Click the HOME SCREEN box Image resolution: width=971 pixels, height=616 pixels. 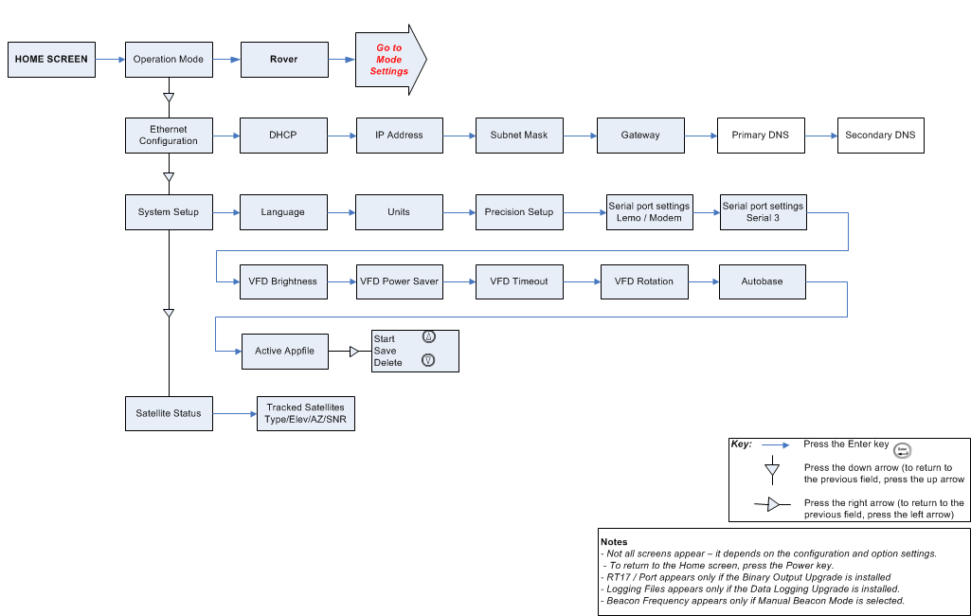[x=51, y=59]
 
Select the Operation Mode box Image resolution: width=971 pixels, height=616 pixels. [x=169, y=59]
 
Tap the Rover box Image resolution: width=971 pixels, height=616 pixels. [x=284, y=59]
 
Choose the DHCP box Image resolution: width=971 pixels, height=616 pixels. [x=283, y=135]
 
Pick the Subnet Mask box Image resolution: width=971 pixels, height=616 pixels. [x=519, y=135]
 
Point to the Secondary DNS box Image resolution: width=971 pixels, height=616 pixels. [x=880, y=135]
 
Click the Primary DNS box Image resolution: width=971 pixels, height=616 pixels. [x=761, y=135]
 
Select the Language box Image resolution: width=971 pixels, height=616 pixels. [x=283, y=211]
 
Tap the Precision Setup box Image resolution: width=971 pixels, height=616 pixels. [x=519, y=211]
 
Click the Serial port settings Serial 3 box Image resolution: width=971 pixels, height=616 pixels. [x=763, y=211]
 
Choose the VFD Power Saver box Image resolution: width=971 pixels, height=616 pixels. [x=399, y=281]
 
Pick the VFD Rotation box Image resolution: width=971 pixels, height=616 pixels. [x=644, y=281]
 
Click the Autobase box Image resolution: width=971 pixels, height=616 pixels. [x=762, y=281]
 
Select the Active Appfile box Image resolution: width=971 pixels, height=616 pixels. [x=284, y=351]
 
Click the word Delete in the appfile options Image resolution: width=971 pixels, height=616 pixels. [x=387, y=363]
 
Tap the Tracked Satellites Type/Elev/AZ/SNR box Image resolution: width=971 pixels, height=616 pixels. [x=305, y=413]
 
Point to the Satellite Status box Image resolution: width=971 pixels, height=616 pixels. [x=169, y=413]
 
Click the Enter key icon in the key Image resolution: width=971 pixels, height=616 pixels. [x=902, y=451]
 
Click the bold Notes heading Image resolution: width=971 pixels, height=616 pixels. [x=614, y=542]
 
